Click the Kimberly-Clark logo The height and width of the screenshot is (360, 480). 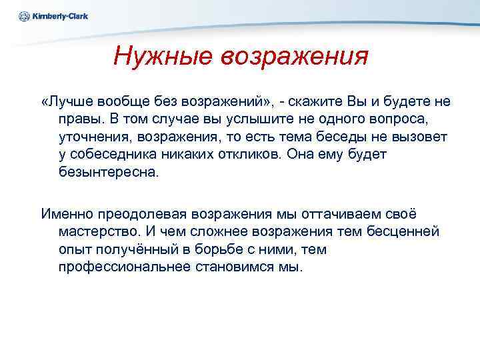[53, 16]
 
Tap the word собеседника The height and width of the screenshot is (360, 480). [116, 154]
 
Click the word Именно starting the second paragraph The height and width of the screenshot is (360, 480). [69, 215]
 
